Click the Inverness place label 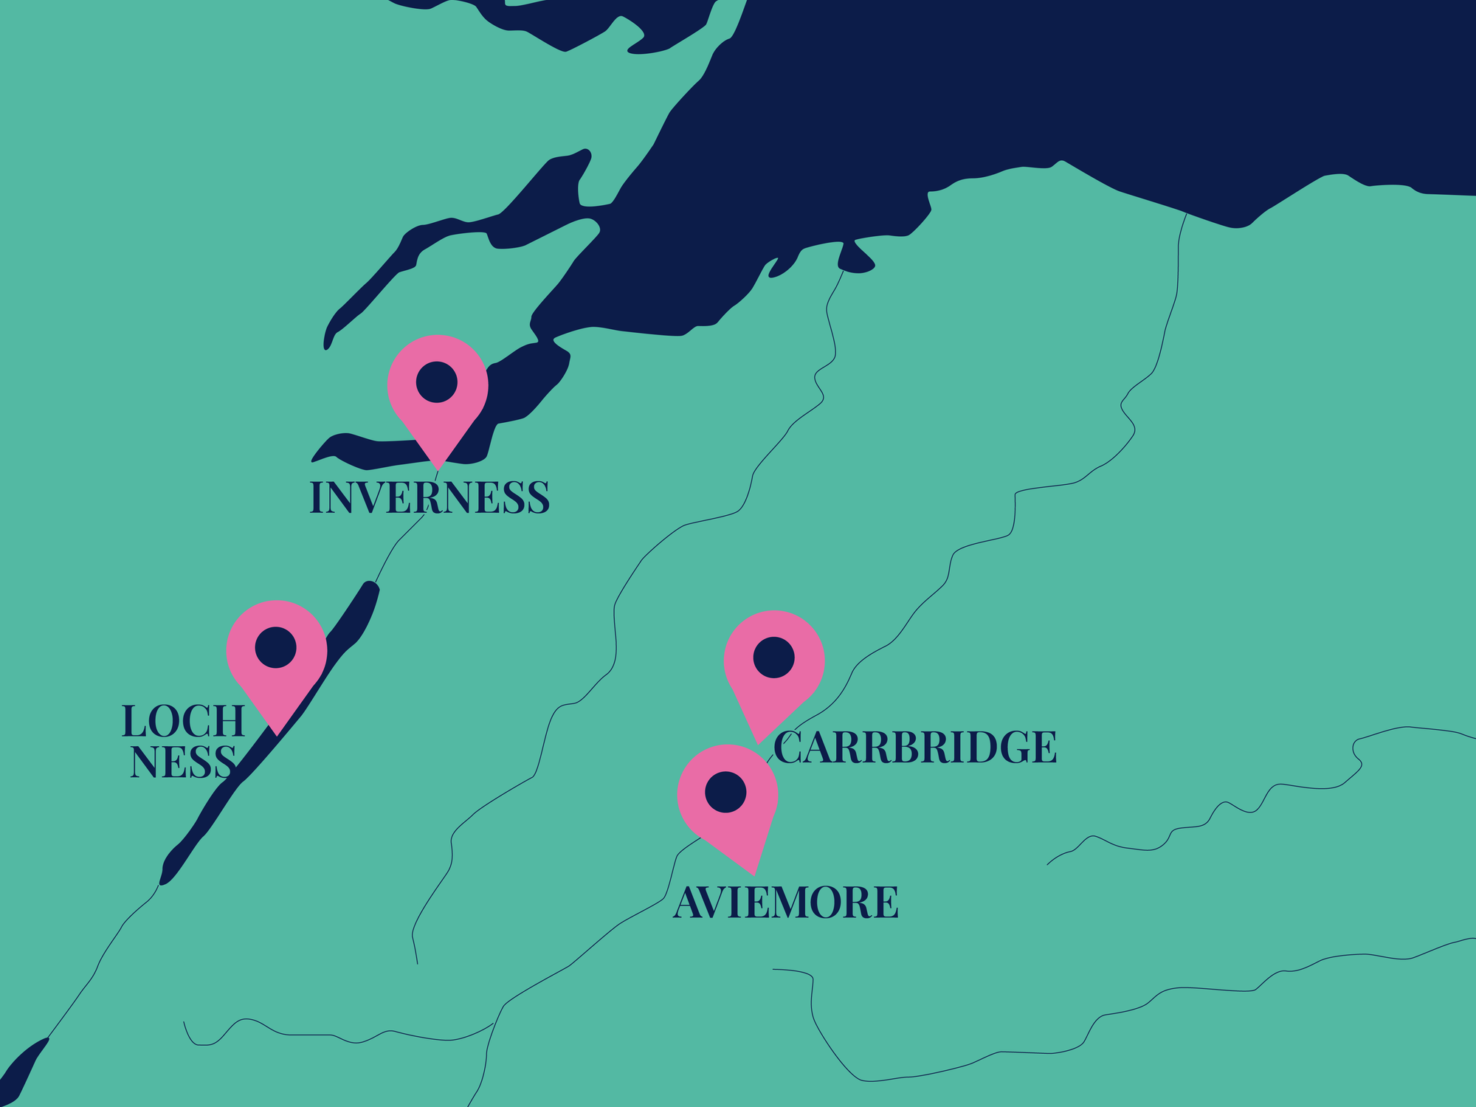point(430,497)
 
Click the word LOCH point(183,721)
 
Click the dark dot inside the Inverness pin point(437,382)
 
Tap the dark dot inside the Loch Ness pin point(276,647)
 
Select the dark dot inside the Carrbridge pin point(773,658)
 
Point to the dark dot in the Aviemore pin point(725,792)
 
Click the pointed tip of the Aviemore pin point(753,874)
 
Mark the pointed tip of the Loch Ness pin point(276,734)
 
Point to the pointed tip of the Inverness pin point(438,469)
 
